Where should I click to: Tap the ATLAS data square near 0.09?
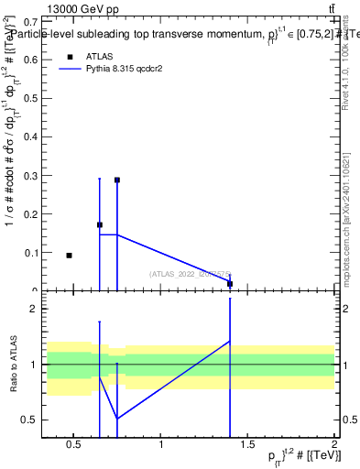click(x=69, y=256)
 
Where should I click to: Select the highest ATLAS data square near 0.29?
click(x=117, y=180)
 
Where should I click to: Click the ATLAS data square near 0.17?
click(x=100, y=224)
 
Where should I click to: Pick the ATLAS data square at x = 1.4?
click(x=230, y=284)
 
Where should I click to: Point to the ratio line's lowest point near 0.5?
click(x=117, y=419)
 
